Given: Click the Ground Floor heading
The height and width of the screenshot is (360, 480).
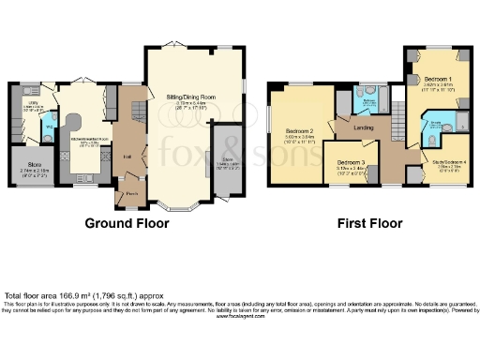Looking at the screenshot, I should pyautogui.click(x=127, y=224).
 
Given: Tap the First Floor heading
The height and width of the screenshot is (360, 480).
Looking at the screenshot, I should pyautogui.click(x=371, y=224).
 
